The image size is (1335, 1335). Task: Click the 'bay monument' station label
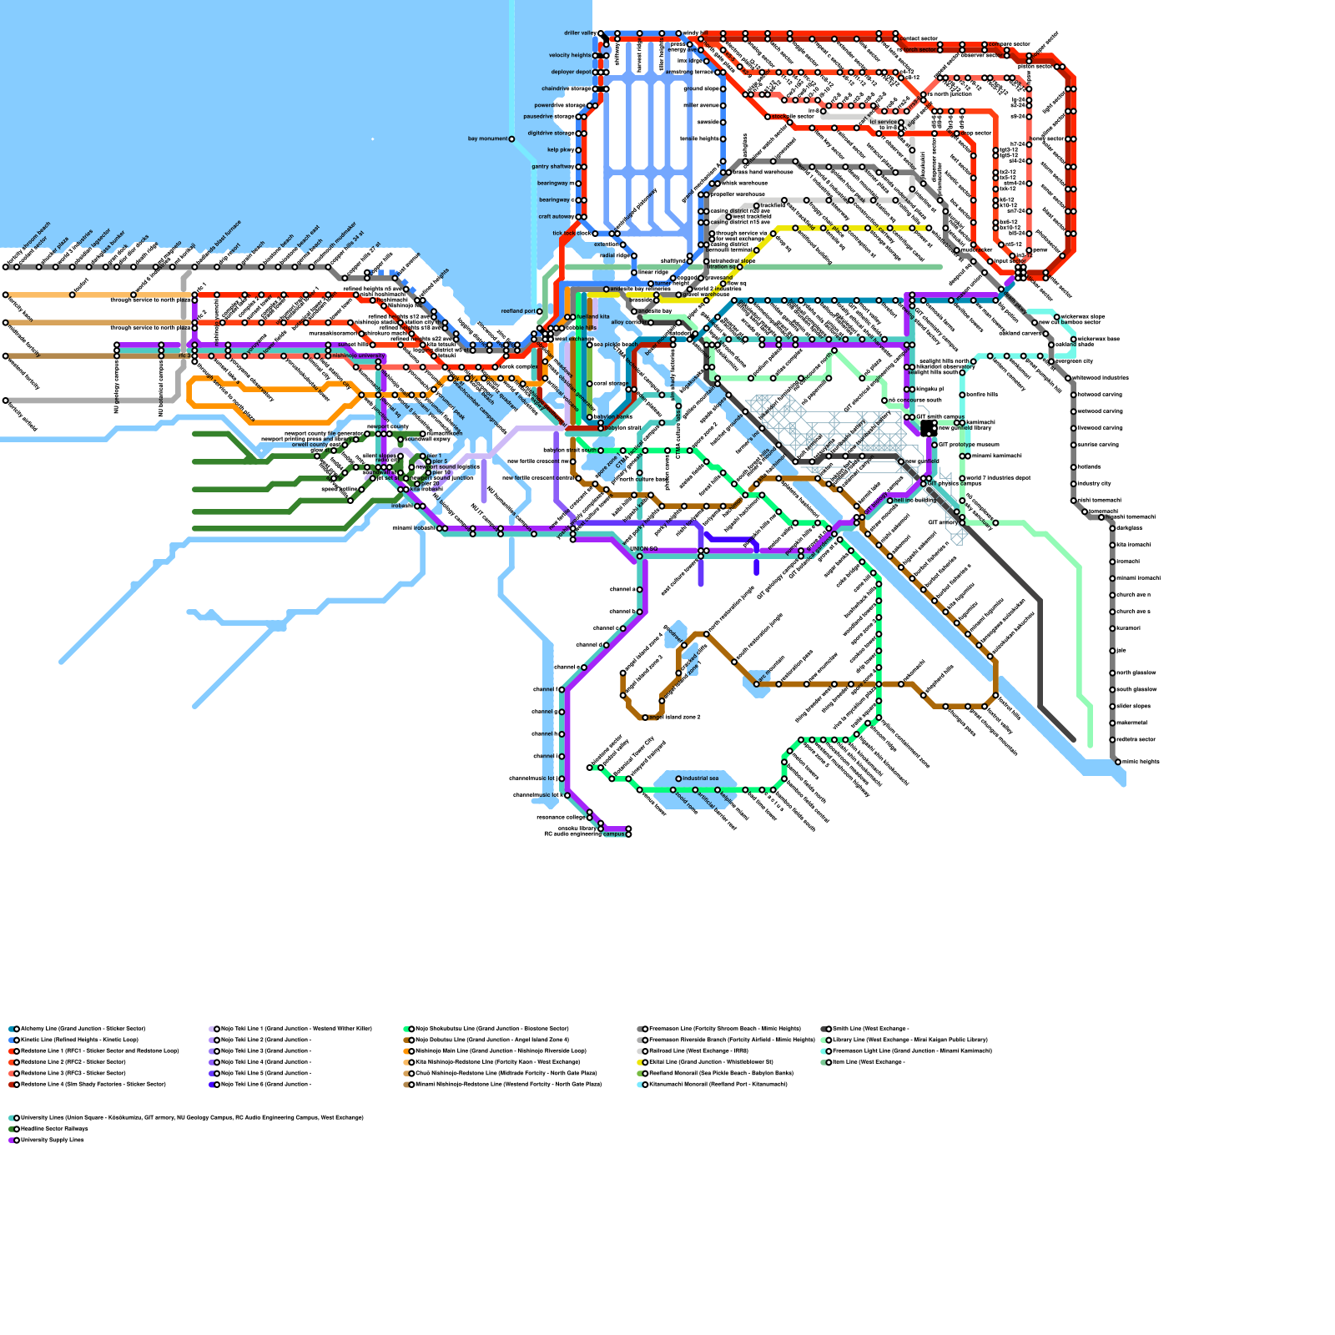(488, 139)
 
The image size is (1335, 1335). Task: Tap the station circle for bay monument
(511, 139)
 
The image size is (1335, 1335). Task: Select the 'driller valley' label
(579, 33)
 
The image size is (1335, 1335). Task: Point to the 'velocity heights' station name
(570, 56)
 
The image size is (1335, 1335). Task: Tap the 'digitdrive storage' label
(551, 133)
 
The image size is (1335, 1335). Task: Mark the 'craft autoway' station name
(556, 217)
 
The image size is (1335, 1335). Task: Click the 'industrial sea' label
(701, 778)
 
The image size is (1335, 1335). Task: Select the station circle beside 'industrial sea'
(678, 778)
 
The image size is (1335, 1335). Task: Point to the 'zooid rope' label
(685, 801)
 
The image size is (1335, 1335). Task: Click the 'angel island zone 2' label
(676, 718)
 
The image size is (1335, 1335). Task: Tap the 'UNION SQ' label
(643, 549)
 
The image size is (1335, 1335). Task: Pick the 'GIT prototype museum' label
(968, 445)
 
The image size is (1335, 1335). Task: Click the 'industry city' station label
(1094, 484)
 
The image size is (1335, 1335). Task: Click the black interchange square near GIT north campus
(928, 428)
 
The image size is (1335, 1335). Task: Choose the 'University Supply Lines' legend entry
(53, 1140)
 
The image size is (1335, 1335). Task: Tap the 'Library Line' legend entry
(909, 1040)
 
